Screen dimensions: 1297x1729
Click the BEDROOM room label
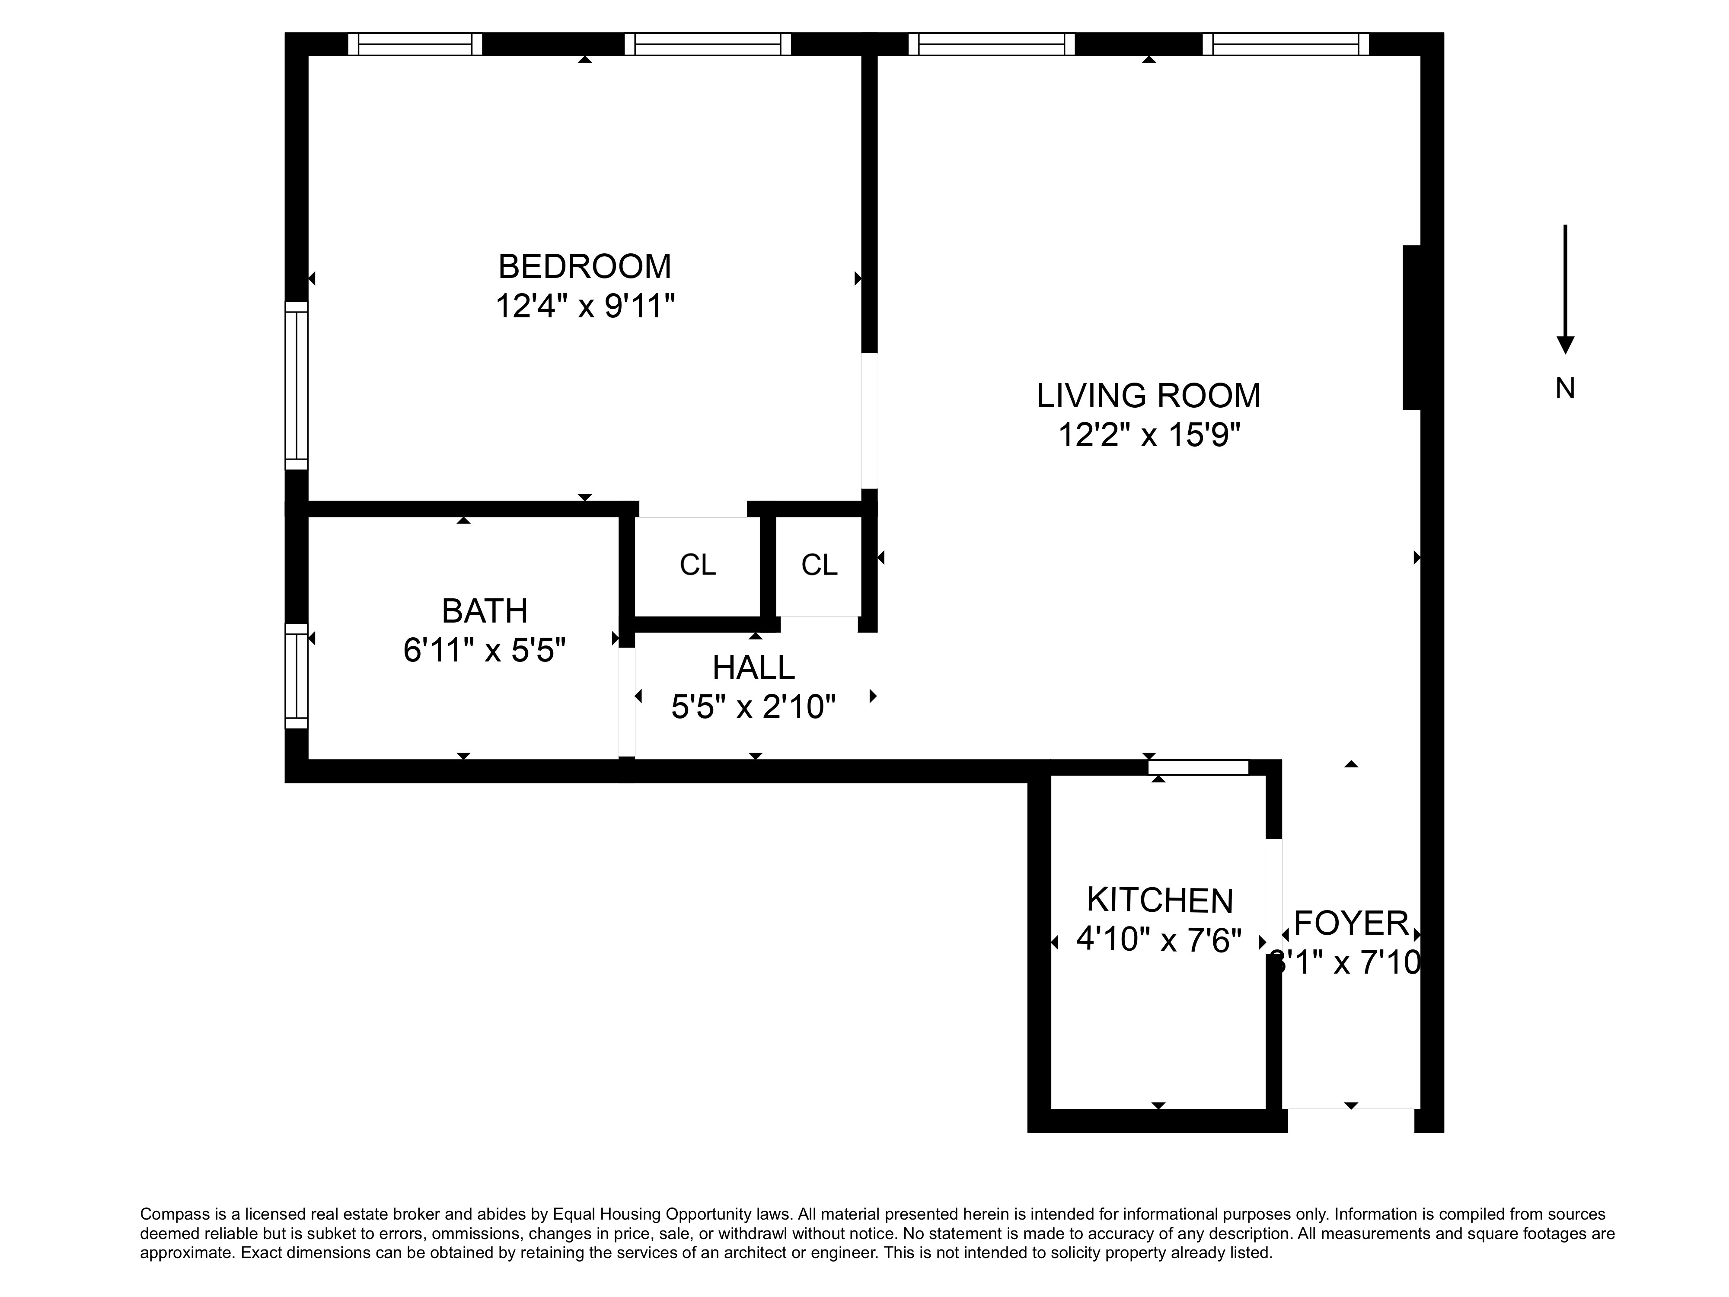tap(585, 267)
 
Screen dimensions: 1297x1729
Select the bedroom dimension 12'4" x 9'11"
tap(585, 306)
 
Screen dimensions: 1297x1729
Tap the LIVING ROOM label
tap(1148, 396)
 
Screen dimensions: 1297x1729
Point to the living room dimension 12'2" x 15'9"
tap(1148, 434)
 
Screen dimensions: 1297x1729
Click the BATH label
tap(485, 610)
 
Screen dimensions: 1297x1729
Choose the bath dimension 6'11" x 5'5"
tap(485, 650)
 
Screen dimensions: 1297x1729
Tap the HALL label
tap(753, 668)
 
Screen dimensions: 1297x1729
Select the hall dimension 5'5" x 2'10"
tap(753, 707)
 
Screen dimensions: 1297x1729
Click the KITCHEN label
tap(1159, 901)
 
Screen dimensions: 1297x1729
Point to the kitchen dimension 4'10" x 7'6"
tap(1159, 940)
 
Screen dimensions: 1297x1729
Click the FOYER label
tap(1351, 923)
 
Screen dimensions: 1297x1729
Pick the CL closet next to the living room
tap(819, 565)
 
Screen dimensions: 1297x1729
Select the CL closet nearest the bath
tap(697, 565)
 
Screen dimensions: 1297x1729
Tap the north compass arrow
tap(1565, 289)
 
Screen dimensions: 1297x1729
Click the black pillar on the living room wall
tap(1412, 327)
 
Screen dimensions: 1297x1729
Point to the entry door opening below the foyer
tap(1351, 1120)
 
